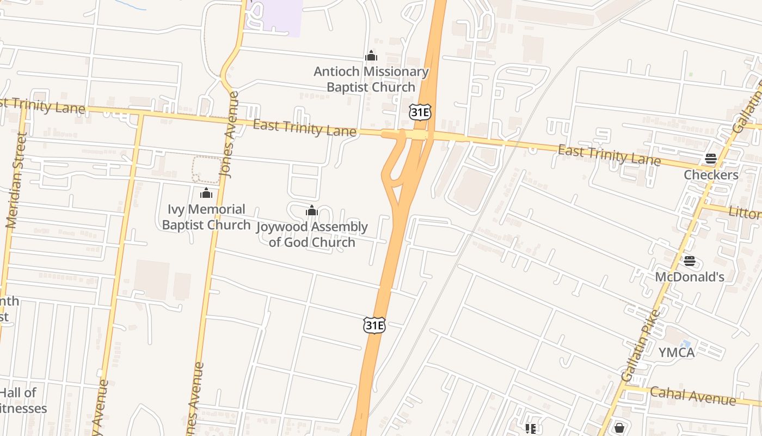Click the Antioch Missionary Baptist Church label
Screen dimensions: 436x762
pyautogui.click(x=371, y=80)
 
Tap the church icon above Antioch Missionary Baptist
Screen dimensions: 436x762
pyautogui.click(x=371, y=56)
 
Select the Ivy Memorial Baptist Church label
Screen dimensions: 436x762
pyautogui.click(x=206, y=217)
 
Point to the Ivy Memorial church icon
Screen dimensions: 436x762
pyautogui.click(x=206, y=193)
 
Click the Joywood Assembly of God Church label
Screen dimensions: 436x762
pyautogui.click(x=312, y=234)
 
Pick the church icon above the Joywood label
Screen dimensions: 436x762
pyautogui.click(x=312, y=210)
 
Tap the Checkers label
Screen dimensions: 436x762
pyautogui.click(x=711, y=175)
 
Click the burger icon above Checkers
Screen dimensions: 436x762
pyautogui.click(x=711, y=159)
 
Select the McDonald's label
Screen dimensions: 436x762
pyautogui.click(x=689, y=277)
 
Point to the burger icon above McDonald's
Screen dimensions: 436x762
pyautogui.click(x=690, y=261)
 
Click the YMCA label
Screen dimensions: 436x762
pyautogui.click(x=677, y=353)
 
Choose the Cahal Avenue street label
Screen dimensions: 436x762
pyautogui.click(x=692, y=396)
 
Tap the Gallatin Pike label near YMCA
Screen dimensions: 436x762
pyautogui.click(x=640, y=346)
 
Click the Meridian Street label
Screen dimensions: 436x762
pyautogui.click(x=16, y=180)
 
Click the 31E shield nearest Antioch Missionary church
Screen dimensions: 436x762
pyautogui.click(x=420, y=112)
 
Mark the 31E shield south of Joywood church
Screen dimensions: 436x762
pyautogui.click(x=374, y=325)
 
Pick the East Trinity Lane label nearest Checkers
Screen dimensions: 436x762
pyautogui.click(x=609, y=155)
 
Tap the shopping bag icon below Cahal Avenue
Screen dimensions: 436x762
pyautogui.click(x=619, y=428)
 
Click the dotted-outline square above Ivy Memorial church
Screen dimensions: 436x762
pyautogui.click(x=207, y=169)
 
